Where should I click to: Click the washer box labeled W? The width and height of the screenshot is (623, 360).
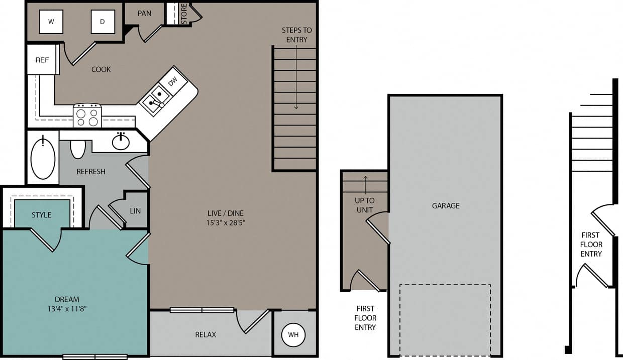coord(51,22)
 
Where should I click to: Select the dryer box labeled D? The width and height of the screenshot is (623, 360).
coord(102,22)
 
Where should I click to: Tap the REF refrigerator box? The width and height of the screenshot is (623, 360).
coord(42,60)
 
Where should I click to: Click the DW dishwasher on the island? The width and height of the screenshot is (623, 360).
coord(172,80)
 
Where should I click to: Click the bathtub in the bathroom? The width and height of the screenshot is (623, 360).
coord(43,159)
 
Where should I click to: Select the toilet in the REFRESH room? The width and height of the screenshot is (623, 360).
coord(78,149)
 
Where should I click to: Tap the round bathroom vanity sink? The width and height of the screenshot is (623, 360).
coord(121,142)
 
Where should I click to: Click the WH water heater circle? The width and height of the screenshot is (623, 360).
coord(293,335)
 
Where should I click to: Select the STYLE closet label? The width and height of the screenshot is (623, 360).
coord(42,215)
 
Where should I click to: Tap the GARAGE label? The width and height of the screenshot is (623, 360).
coord(446,205)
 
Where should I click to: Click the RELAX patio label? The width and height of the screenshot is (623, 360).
coord(205,334)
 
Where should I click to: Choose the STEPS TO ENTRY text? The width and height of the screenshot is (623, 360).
coord(296,35)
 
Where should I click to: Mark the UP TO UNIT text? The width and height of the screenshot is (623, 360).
coord(365,205)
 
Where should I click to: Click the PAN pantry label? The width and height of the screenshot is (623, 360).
coord(144,13)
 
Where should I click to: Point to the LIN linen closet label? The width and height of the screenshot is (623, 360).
coord(135,211)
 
